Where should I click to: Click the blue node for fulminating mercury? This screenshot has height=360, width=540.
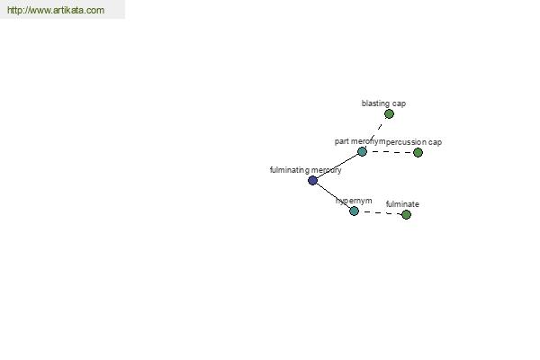312,180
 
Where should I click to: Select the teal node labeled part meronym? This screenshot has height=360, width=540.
362,151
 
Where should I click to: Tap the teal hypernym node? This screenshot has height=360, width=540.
354,211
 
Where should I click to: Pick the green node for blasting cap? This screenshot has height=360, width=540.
389,113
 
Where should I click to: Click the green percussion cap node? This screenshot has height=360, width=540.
418,152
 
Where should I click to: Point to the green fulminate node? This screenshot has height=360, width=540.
407,214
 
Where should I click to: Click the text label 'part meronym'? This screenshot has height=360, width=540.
360,141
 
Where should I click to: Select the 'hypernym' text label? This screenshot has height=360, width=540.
354,201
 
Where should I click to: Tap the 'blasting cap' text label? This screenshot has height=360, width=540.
383,103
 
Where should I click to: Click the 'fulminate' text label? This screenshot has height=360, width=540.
402,204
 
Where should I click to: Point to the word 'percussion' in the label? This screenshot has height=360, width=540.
403,142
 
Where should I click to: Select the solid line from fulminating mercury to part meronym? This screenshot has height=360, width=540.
337,166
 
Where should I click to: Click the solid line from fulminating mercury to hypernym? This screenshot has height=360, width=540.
333,195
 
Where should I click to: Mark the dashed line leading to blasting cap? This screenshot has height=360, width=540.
375,133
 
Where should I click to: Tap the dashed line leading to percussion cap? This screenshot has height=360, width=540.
390,152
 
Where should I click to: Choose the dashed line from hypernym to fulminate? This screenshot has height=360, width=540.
380,212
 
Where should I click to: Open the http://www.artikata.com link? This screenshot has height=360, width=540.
56,10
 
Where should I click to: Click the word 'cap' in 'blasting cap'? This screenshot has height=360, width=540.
399,104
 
